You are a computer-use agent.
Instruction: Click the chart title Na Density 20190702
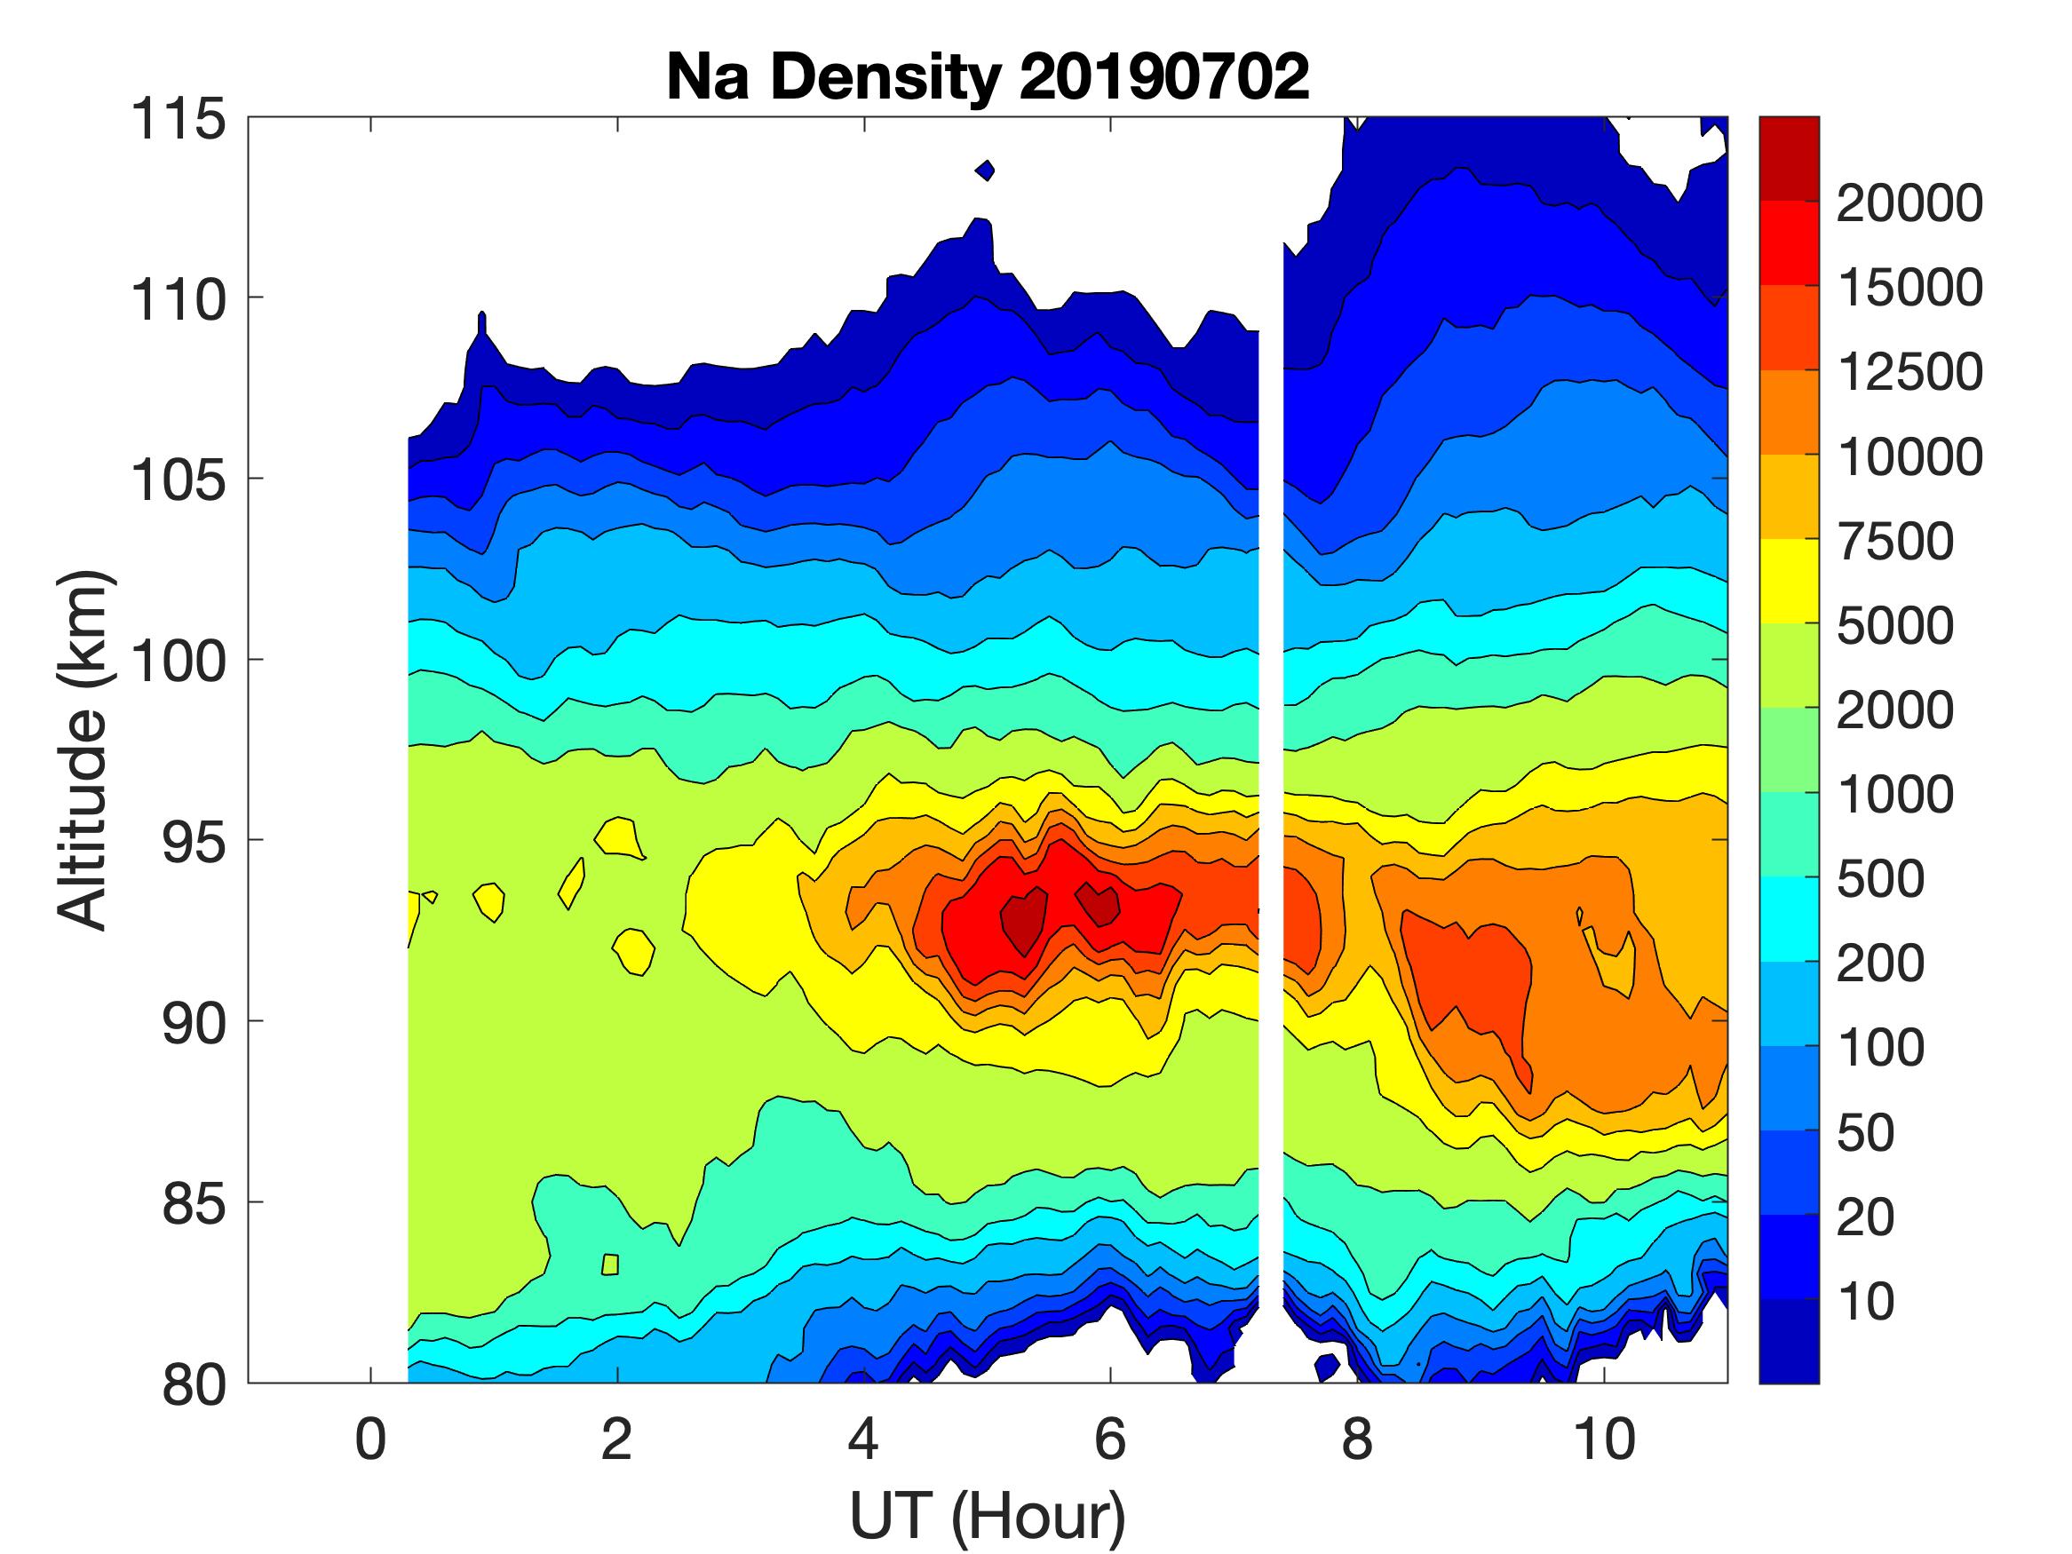tap(988, 76)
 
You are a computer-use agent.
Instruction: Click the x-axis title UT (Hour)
tap(988, 1516)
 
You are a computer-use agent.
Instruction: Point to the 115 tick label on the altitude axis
tap(179, 119)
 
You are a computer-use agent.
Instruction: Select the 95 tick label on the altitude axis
tap(193, 841)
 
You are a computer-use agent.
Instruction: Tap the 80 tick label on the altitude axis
tap(193, 1384)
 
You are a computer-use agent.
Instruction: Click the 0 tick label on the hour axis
tap(371, 1439)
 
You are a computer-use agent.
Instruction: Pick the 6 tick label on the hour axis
tap(1110, 1439)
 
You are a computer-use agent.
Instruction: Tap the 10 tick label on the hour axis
tap(1604, 1439)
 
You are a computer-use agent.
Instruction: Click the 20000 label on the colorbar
tap(1909, 203)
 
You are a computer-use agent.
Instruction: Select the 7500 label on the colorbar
tap(1895, 542)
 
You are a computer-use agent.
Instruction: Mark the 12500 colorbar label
tap(1909, 372)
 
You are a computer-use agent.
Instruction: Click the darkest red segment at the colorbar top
tap(1788, 158)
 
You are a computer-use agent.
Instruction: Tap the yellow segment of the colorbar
tap(1788, 581)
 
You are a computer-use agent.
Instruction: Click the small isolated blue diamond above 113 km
tap(984, 170)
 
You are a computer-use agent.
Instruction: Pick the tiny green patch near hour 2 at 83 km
tap(610, 1265)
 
